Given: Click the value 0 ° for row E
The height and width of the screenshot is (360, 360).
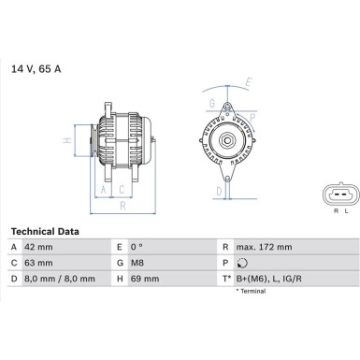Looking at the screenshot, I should click(147, 246).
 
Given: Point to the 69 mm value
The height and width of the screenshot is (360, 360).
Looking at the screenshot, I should click(151, 279).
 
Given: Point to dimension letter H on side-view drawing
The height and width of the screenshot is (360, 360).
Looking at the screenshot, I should click(65, 140).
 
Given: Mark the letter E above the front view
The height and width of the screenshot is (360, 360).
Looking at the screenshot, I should click(248, 82).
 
